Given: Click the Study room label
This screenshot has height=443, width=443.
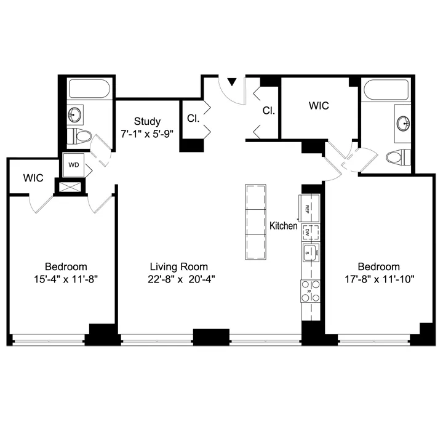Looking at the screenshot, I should tap(147, 121).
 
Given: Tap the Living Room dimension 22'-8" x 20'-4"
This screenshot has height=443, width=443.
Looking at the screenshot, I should tap(178, 279).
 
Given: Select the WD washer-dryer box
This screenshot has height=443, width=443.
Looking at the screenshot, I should tap(73, 165).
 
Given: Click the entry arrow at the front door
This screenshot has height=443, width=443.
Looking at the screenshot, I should tap(232, 81).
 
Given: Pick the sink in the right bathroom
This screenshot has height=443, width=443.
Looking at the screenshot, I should tap(404, 122).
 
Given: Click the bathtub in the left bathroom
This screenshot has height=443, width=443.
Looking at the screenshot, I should tap(89, 90).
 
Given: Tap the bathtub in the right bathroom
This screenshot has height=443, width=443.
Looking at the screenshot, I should tap(386, 90).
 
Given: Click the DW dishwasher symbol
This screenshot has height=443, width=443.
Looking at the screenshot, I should tap(309, 232).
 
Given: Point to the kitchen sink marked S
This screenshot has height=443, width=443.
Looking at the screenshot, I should tap(309, 251).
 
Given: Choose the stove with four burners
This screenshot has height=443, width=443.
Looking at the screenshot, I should tap(309, 290).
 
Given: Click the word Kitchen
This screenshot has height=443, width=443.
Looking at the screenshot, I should tap(284, 226).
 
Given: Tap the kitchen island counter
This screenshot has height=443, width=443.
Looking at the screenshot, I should tap(257, 221).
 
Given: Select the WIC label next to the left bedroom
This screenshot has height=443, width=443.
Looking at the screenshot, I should tap(33, 178).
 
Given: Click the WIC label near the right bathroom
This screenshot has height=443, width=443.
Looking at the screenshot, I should tap(319, 106).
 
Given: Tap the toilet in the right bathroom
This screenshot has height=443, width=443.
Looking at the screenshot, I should tap(398, 158).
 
